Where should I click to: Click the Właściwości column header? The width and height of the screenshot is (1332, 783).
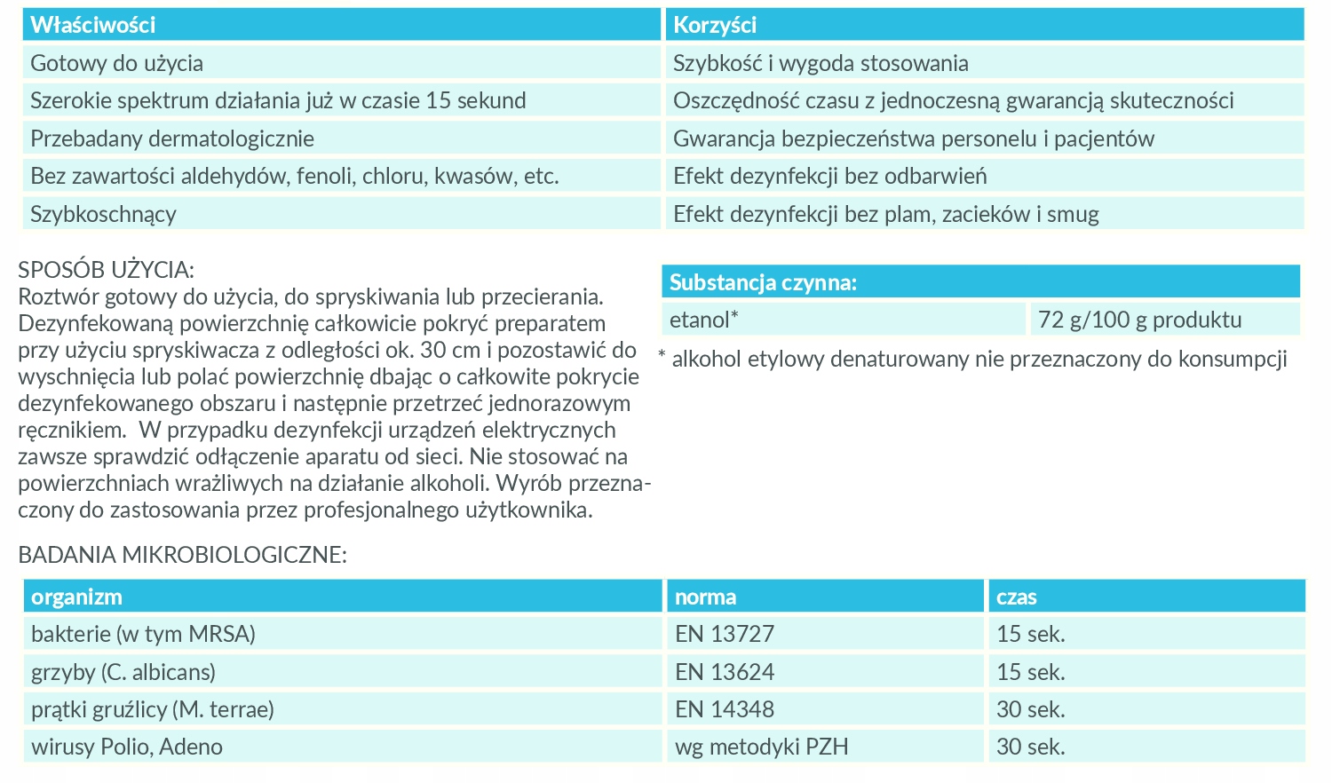pos(93,25)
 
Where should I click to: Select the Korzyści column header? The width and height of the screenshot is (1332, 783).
pos(715,25)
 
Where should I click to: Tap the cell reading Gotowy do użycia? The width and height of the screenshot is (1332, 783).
pos(116,63)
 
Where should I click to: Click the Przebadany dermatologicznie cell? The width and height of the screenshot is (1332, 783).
pos(172,138)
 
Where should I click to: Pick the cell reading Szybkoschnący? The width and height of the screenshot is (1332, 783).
pos(103,214)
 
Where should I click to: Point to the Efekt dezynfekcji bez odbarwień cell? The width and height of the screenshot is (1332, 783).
pos(829,176)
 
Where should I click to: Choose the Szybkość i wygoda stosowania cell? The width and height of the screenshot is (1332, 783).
pos(821,63)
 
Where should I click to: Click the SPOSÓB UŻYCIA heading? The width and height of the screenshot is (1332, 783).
pos(106,269)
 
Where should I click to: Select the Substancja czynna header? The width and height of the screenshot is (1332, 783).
pos(763,282)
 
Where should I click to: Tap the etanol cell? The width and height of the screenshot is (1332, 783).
pos(704,320)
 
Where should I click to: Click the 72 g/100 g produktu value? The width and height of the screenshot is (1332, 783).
pos(1139,320)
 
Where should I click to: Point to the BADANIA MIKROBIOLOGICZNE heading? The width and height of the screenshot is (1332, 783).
pos(182,555)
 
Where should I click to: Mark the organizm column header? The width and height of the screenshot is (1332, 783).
pos(76,597)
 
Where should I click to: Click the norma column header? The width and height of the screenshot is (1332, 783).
pos(705,597)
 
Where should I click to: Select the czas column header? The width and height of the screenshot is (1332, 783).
pos(1016,597)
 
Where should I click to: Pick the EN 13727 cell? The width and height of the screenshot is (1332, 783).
pos(725,634)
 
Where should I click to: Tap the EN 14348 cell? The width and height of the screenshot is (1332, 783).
pos(725,709)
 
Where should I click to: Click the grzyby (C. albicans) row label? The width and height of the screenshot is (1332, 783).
pos(123,672)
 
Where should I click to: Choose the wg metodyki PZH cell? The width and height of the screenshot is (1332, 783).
pos(761,747)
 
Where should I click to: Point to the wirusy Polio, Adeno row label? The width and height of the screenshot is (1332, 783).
pos(127,747)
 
